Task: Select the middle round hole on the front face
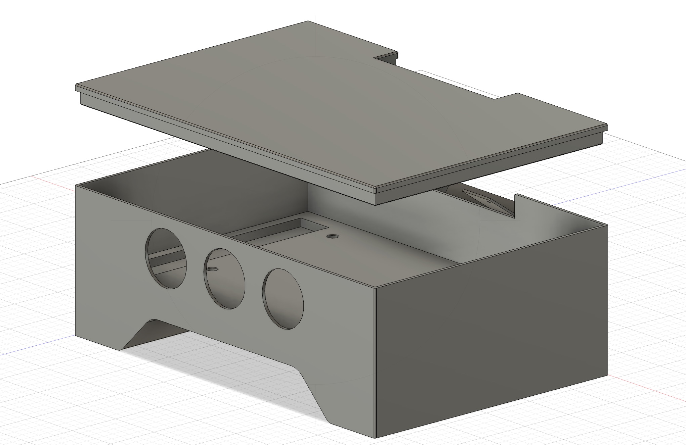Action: coord(224,279)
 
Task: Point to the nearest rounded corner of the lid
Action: coord(376,189)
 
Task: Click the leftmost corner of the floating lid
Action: coord(77,88)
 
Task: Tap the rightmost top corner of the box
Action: coord(607,225)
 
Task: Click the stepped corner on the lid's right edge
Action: coord(518,94)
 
